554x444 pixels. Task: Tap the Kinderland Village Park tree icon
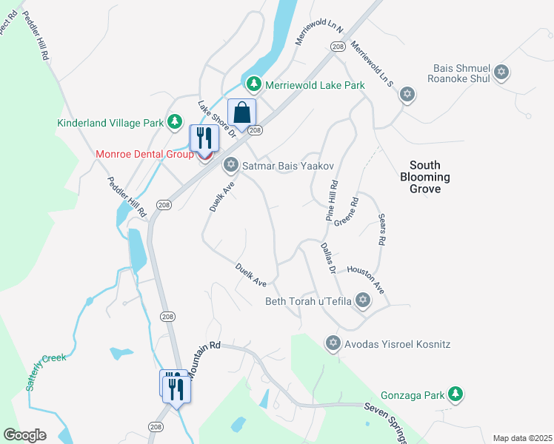pos(175,121)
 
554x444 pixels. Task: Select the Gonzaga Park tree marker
pos(457,394)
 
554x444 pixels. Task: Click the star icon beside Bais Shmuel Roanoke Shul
pos(502,73)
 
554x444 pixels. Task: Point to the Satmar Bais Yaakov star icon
pos(230,164)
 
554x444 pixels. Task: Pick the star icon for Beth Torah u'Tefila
pos(362,300)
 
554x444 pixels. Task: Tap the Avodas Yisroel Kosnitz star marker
pos(333,343)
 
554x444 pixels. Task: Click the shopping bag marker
pos(241,114)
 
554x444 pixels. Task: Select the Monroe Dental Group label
pos(144,154)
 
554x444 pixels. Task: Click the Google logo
pos(24,435)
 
